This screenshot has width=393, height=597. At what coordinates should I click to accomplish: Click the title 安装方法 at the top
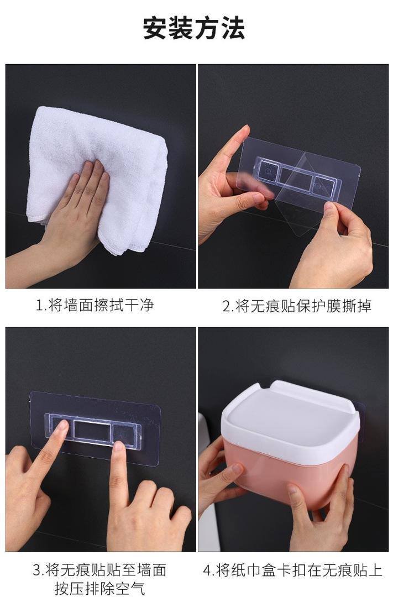pos(194,28)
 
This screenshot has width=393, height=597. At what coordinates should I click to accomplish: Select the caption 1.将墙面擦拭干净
pos(95,305)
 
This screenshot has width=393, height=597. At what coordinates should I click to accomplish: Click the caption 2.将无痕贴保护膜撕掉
pos(297,306)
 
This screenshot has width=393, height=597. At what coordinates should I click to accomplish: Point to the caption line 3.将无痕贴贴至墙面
pos(99,570)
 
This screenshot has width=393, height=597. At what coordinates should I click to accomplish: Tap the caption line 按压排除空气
pos(100,588)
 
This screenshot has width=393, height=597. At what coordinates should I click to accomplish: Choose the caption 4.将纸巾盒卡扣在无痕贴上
pos(292,570)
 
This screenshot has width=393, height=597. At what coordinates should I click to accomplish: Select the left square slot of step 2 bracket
pos(268,173)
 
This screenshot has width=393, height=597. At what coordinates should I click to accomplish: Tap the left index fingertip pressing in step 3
pos(61,426)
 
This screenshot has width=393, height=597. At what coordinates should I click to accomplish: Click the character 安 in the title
pos(155,28)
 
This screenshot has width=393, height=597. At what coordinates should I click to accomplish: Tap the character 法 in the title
pos(233,28)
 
